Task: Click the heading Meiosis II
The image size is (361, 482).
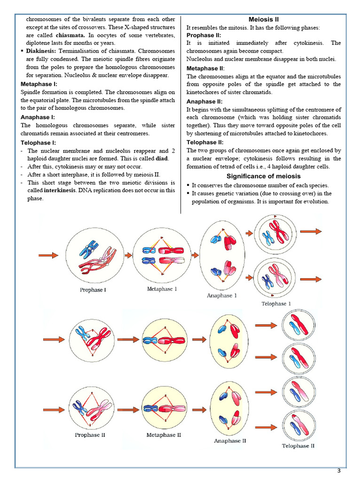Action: coord(263,19)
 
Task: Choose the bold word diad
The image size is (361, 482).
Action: coord(162,159)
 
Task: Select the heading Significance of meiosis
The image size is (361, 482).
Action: coord(263,176)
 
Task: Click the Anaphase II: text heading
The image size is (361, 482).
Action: coord(204,101)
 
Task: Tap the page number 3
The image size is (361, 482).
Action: coord(338,471)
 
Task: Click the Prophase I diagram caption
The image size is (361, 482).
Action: coord(93,290)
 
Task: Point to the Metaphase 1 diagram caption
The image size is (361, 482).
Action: coord(162,289)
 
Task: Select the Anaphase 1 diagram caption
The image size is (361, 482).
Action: coord(222,296)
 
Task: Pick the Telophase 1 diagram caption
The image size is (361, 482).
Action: coord(276,304)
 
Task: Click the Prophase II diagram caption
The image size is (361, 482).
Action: coord(90,435)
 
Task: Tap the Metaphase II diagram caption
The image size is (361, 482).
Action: coord(164,435)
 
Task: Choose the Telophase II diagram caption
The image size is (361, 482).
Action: coord(298,445)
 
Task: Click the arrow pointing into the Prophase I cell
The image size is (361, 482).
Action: coord(48,255)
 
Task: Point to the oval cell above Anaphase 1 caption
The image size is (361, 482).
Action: coord(224,255)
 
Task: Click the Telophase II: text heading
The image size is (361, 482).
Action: coord(205,142)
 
